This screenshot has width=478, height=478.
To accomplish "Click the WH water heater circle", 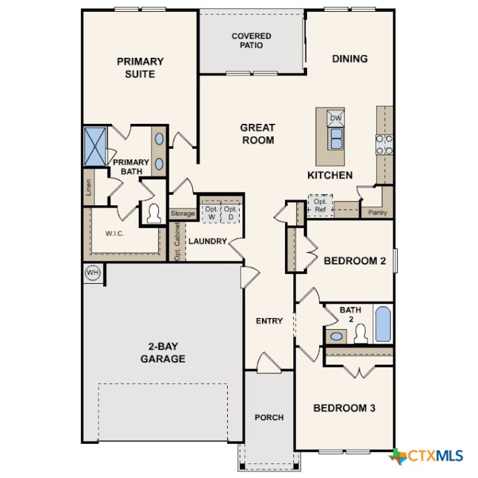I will (x=93, y=273).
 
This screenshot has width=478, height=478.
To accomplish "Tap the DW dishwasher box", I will (x=335, y=118).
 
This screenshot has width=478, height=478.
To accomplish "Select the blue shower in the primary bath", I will (x=96, y=146).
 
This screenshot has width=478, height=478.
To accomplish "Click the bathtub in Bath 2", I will (x=382, y=324).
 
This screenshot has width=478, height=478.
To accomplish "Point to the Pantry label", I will (x=377, y=213).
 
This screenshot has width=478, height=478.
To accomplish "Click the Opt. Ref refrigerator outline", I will (x=321, y=206).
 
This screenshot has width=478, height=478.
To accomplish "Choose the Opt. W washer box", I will (x=212, y=213).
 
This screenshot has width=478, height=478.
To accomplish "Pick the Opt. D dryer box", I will (x=230, y=213).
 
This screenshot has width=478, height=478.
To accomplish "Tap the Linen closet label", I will (x=89, y=188).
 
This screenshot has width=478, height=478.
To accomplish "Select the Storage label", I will (x=183, y=213).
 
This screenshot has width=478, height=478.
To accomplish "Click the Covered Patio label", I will (x=251, y=40).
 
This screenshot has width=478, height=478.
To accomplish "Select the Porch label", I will (x=269, y=417).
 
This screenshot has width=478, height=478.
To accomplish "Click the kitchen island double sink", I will (x=336, y=138).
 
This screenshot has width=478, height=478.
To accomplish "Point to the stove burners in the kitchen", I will (x=384, y=144).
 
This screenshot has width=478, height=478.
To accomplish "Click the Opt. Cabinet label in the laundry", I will (x=177, y=241).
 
